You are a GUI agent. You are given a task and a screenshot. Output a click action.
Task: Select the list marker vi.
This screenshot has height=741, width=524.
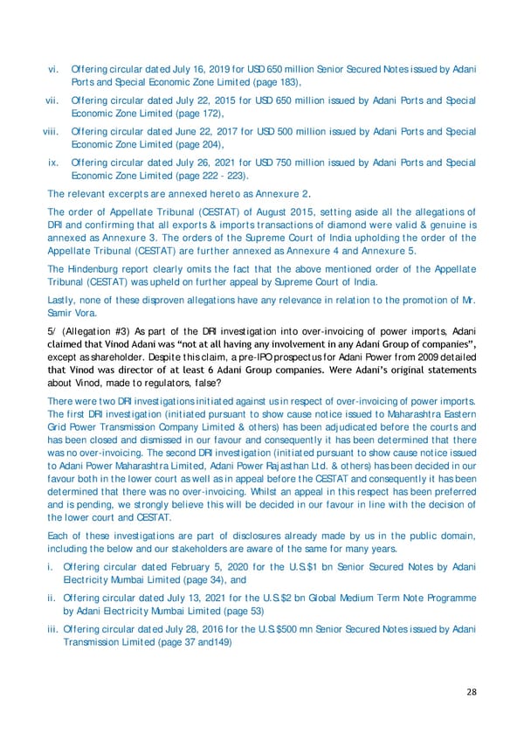tap(53, 69)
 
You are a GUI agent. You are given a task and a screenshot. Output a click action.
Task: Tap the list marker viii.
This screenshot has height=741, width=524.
tap(51, 132)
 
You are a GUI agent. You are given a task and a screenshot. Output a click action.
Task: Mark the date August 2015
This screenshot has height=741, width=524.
tap(248, 211)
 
